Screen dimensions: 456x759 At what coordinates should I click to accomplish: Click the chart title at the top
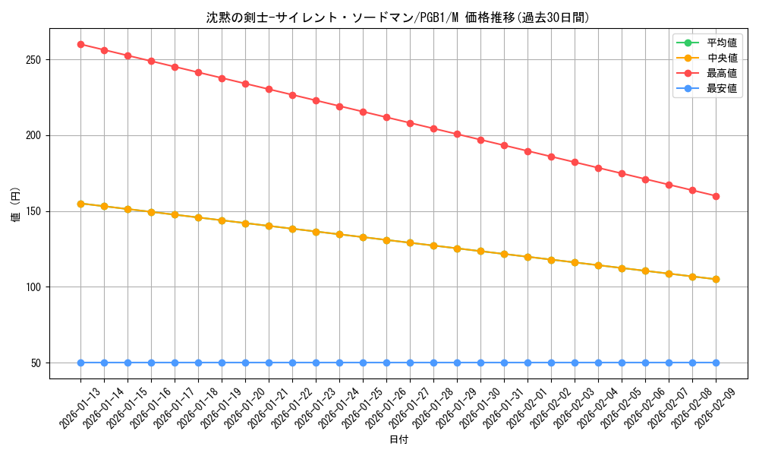[x=398, y=17]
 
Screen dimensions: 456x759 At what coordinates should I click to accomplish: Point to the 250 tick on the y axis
[x=37, y=59]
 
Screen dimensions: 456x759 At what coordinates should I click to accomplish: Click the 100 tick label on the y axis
[x=37, y=287]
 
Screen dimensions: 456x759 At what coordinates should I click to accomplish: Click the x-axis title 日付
[x=398, y=440]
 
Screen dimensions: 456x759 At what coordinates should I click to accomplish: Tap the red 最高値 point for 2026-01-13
[x=80, y=44]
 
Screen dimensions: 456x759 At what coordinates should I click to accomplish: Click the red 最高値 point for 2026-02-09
[x=716, y=196]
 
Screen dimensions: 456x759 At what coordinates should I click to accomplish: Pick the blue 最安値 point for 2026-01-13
[x=80, y=363]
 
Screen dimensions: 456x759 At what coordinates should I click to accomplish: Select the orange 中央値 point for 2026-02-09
[x=716, y=279]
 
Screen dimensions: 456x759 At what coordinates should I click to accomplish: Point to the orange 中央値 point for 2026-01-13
[x=80, y=204]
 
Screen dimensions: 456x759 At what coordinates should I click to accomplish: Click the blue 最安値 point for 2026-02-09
[x=716, y=363]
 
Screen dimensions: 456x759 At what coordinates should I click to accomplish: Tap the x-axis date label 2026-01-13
[x=81, y=408]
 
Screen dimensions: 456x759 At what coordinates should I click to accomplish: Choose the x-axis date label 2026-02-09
[x=716, y=408]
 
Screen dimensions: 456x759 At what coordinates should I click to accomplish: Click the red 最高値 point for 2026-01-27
[x=410, y=123]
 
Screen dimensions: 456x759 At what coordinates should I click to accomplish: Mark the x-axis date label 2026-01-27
[x=411, y=408]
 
